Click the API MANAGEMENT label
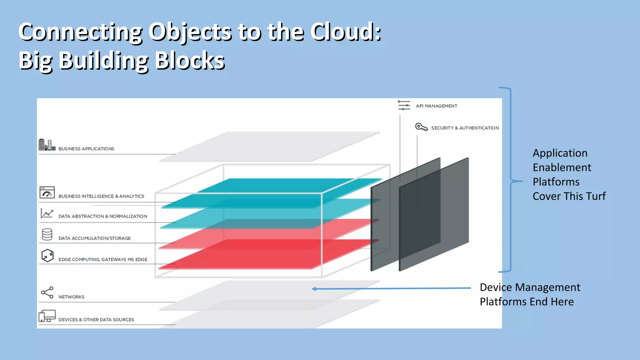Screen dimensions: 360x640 (436, 106)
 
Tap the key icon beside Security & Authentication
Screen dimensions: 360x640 (421, 127)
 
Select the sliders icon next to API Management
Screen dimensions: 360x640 (404, 105)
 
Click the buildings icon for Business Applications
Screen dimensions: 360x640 (47, 145)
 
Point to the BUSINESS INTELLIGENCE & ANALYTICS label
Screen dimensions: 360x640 (101, 196)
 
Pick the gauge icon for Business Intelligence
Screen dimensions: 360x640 (47, 192)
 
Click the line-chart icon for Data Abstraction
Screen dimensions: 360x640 (47, 213)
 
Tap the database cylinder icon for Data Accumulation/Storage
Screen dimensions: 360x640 (47, 234)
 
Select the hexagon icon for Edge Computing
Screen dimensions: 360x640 (47, 255)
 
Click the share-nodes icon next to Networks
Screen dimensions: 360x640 (47, 292)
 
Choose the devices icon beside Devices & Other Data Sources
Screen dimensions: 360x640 (47, 316)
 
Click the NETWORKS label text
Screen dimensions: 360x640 (71, 297)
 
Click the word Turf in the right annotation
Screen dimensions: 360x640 (596, 196)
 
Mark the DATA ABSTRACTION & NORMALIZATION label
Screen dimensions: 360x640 (102, 216)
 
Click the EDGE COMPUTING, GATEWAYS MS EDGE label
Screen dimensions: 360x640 (103, 259)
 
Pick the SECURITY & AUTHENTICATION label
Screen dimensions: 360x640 (465, 128)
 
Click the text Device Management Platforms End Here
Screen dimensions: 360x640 (530, 294)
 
